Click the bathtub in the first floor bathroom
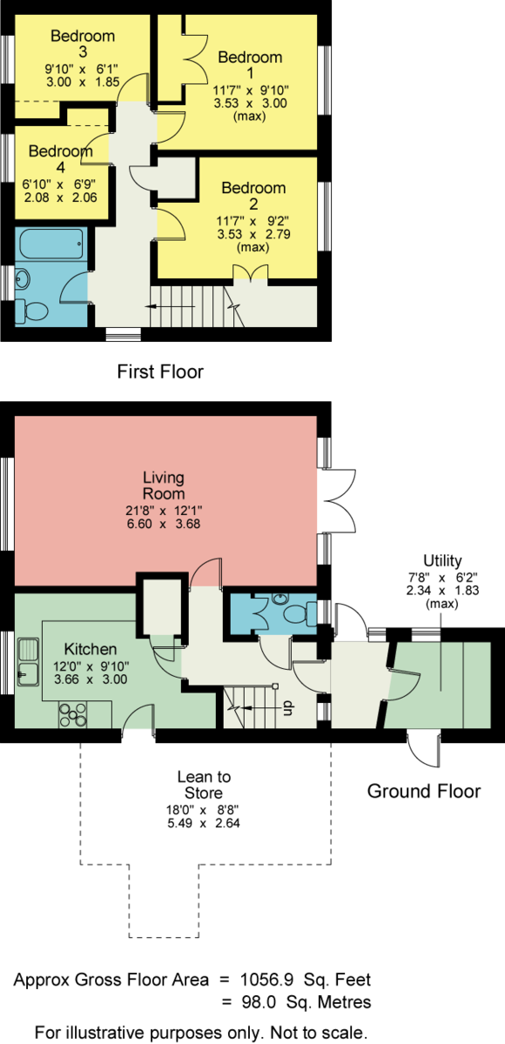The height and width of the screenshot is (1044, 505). pos(51,244)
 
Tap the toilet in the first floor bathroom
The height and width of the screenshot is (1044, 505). pos(31,310)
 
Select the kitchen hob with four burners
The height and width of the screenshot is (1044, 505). pos(73,714)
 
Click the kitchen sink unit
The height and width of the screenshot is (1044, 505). pos(28,662)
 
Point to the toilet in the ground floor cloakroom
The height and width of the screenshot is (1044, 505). pos(300,612)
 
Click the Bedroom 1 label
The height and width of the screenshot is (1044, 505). pos(251,65)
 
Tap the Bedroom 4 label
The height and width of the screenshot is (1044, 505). pos(61,159)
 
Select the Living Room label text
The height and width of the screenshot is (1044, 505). pos(164,485)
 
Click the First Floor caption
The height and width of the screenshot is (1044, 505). pos(160,372)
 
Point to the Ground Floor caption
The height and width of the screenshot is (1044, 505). pos(424,792)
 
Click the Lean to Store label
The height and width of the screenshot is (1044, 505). pos(204,785)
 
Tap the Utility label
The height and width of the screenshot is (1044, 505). pos(442,560)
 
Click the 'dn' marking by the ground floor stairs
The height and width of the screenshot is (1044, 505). pos(287,707)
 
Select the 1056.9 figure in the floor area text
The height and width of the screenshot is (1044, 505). pos(266,980)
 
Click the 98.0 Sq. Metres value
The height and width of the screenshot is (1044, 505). pos(306,1001)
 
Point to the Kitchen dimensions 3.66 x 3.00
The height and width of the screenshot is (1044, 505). pos(91,679)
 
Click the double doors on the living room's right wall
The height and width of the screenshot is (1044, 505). pos(337,501)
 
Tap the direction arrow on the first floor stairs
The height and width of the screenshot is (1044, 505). pos(170,306)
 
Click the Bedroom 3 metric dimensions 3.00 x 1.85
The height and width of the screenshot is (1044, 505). pos(83,82)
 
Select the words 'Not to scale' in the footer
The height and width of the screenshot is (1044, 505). pos(319,1033)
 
